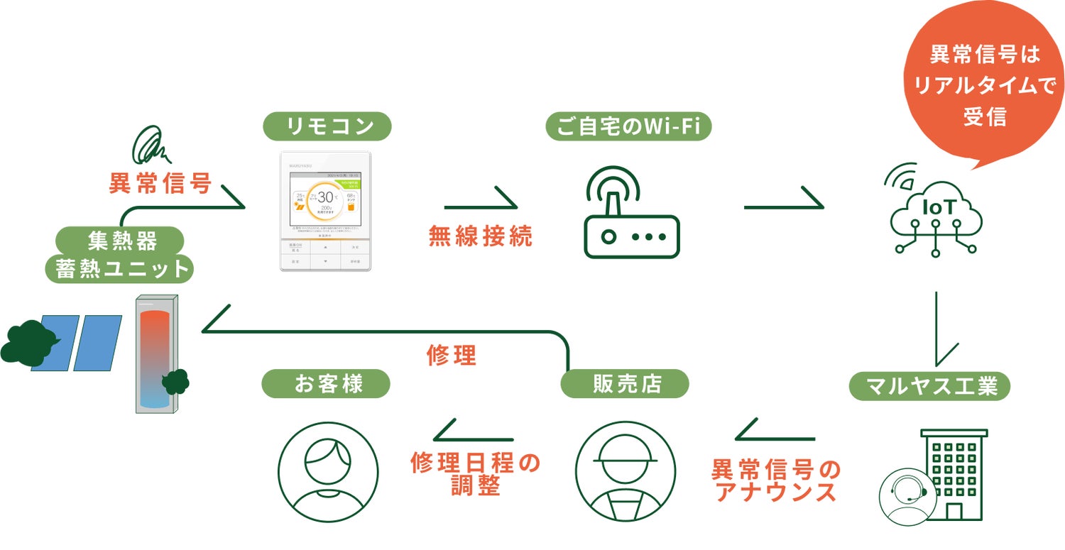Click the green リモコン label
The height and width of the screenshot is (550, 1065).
click(327, 126)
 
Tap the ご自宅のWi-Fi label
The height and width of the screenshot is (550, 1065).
click(628, 126)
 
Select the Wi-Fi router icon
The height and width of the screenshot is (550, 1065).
click(631, 212)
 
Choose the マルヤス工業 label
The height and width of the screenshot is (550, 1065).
click(929, 387)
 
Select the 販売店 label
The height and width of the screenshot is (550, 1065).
click(625, 384)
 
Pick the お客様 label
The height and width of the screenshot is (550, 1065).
click(327, 384)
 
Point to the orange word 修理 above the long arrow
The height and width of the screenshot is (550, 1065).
click(451, 356)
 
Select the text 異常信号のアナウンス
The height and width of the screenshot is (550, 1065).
click(775, 480)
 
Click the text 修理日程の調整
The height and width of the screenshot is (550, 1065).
click(475, 474)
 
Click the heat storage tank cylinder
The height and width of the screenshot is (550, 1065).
click(156, 355)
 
